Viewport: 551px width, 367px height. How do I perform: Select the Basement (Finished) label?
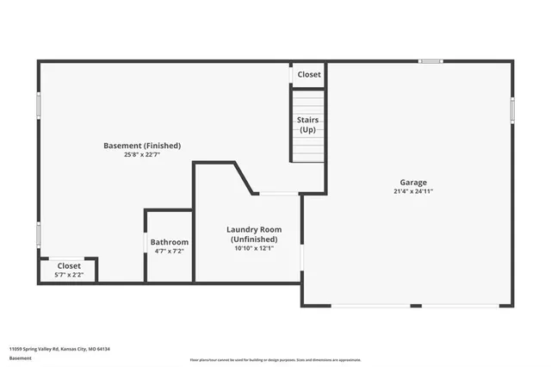[x=142, y=146]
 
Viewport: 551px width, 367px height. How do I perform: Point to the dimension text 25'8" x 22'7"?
[x=142, y=155]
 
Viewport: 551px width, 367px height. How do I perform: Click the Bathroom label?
[x=170, y=242]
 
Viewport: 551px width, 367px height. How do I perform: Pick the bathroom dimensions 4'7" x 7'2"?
[x=170, y=252]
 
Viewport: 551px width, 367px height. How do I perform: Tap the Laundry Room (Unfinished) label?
[x=254, y=233]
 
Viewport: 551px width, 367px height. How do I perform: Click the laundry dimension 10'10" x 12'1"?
[x=254, y=249]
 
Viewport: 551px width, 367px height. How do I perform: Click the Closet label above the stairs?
[x=309, y=75]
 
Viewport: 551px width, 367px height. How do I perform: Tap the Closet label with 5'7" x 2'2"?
[x=68, y=266]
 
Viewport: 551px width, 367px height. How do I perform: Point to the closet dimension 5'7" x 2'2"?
[x=68, y=276]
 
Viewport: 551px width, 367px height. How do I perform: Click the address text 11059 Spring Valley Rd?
[x=59, y=349]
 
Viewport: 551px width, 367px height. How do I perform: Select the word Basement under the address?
[x=20, y=358]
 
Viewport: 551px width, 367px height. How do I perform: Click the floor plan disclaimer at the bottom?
[x=275, y=359]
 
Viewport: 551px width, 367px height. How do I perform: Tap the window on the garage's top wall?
[x=430, y=61]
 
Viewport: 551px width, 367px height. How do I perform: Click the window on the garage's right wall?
[x=512, y=109]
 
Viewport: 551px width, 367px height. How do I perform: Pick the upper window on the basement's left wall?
[x=38, y=105]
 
